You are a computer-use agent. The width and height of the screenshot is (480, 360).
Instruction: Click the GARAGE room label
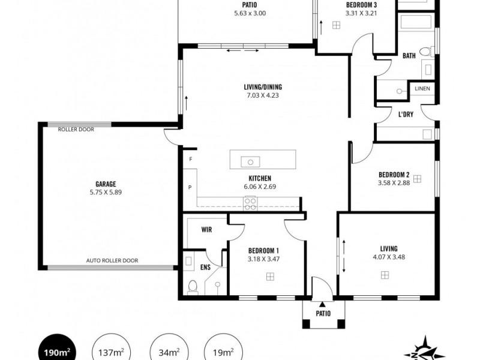[106, 184]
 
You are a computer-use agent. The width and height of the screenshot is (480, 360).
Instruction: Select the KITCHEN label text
[260, 178]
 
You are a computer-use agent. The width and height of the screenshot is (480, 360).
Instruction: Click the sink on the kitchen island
[249, 161]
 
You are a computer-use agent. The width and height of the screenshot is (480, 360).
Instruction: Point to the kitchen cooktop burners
[250, 203]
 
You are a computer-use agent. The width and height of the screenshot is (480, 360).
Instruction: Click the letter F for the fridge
[190, 160]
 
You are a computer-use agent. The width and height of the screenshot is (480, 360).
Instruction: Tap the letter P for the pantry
[190, 187]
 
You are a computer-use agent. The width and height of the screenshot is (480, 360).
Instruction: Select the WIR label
[206, 229]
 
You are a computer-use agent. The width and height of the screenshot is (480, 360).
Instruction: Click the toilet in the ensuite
[193, 286]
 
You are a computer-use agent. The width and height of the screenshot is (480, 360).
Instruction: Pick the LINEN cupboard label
[422, 89]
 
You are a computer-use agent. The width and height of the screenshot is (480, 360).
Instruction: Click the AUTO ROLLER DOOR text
[113, 260]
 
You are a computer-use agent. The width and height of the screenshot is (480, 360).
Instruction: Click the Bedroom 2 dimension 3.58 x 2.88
[394, 184]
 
